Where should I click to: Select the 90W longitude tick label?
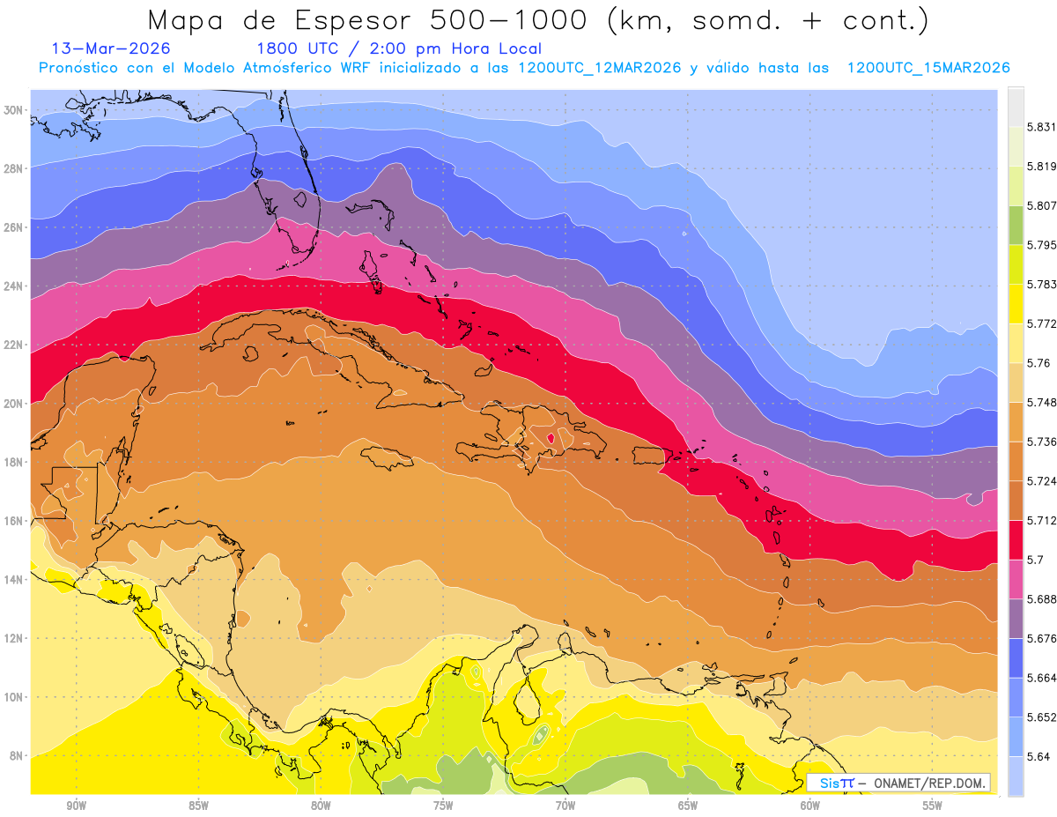[x=76, y=806]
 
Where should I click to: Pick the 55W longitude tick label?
[x=932, y=806]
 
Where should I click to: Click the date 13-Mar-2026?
[x=111, y=48]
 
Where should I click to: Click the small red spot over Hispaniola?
[x=551, y=437]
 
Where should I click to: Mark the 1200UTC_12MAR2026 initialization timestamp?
[x=600, y=68]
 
